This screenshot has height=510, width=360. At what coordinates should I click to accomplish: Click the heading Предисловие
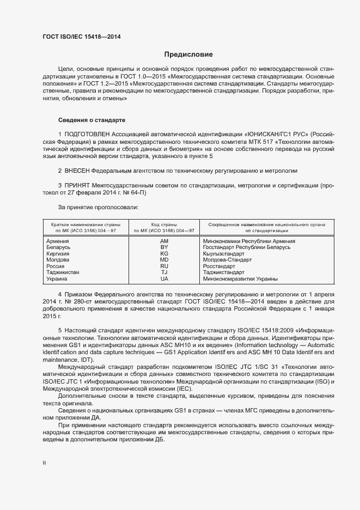click(x=188, y=54)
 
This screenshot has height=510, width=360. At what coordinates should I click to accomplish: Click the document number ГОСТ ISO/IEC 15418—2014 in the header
click(x=81, y=37)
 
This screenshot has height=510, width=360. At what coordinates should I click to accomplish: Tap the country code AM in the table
click(x=164, y=241)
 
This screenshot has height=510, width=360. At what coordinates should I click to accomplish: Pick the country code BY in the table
click(x=164, y=247)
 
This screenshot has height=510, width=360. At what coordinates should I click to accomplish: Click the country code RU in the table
click(x=164, y=266)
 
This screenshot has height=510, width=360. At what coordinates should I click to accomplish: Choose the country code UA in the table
click(x=164, y=279)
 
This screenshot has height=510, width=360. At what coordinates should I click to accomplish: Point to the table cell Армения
click(x=58, y=241)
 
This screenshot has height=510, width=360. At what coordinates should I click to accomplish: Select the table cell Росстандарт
click(x=219, y=266)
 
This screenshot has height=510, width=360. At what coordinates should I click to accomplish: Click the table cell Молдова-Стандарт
click(x=227, y=260)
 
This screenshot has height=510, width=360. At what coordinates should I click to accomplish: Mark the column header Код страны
click(x=164, y=224)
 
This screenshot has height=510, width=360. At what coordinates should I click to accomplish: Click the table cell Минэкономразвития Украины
click(x=240, y=279)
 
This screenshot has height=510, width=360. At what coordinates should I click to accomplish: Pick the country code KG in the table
click(x=164, y=254)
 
